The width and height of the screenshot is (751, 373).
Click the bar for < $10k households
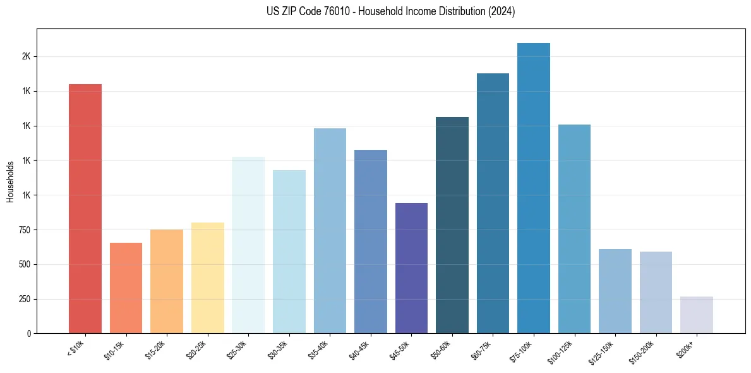pos(85,209)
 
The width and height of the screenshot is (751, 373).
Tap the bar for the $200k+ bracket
pos(697,315)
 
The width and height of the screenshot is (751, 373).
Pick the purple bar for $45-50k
pos(411,268)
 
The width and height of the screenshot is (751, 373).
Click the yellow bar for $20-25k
pos(208,278)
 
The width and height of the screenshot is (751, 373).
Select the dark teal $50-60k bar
pos(452,225)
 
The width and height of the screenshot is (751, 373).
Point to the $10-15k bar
pos(126,288)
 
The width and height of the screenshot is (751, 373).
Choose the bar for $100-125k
pos(574,229)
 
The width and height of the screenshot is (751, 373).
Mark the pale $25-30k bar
pos(248,245)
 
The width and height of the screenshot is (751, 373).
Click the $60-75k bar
pos(493,204)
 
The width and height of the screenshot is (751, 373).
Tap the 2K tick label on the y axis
pos(26,56)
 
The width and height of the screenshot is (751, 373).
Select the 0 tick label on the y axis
pos(29,334)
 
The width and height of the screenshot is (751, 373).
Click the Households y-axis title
pos(10,181)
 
